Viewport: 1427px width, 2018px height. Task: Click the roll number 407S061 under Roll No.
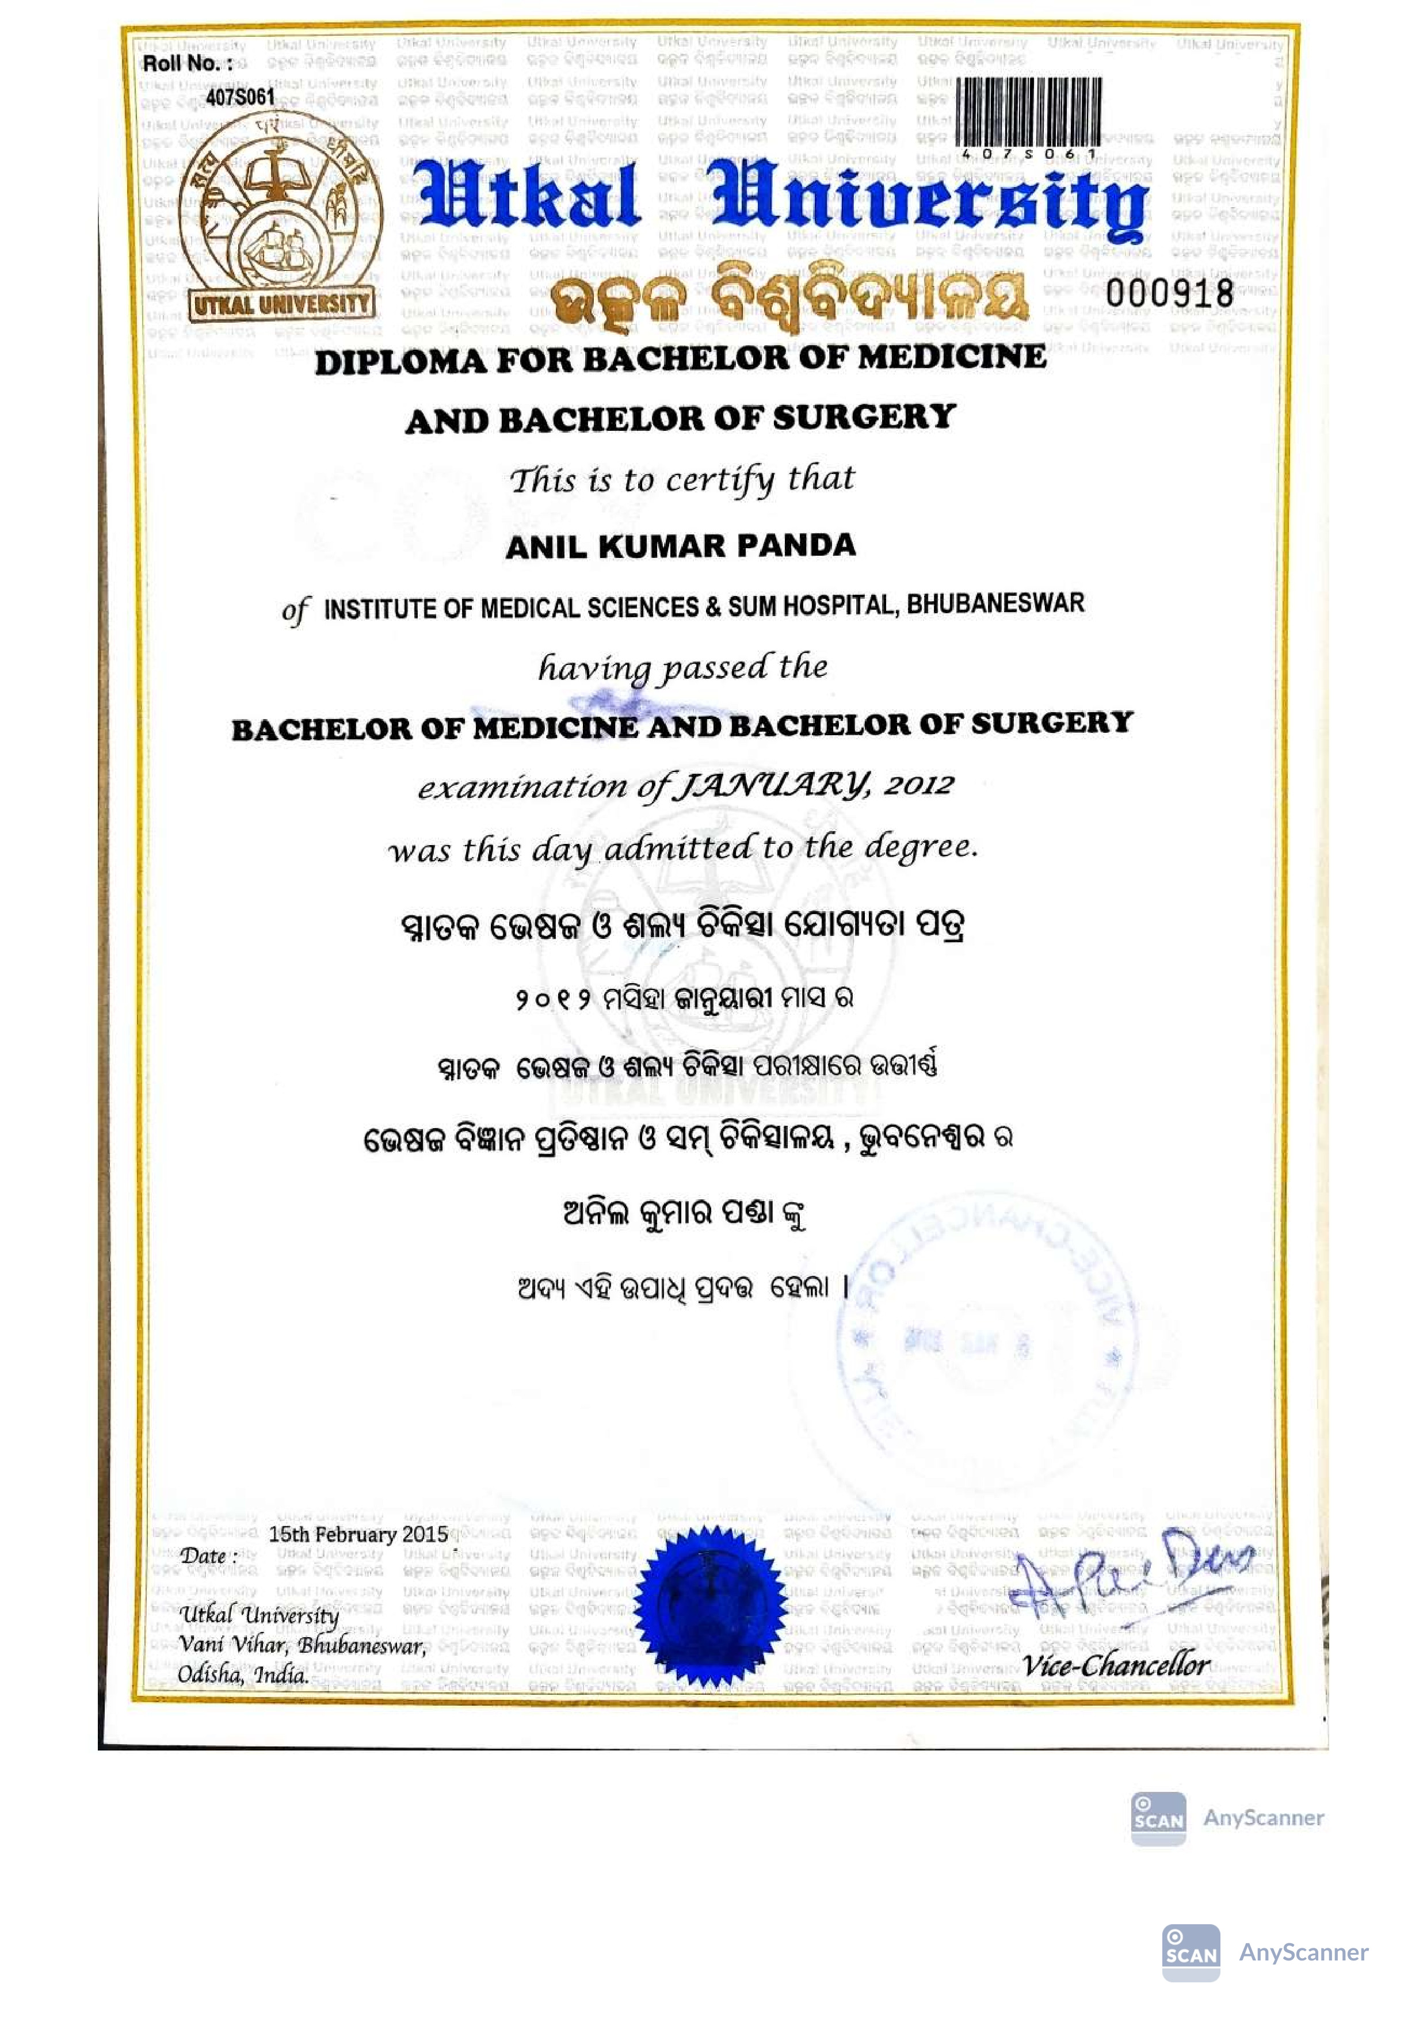coord(240,96)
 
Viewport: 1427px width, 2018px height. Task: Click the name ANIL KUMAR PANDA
coord(681,546)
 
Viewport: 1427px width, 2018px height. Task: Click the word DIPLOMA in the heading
coord(400,362)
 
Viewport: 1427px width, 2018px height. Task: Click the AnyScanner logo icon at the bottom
coord(1191,1953)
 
